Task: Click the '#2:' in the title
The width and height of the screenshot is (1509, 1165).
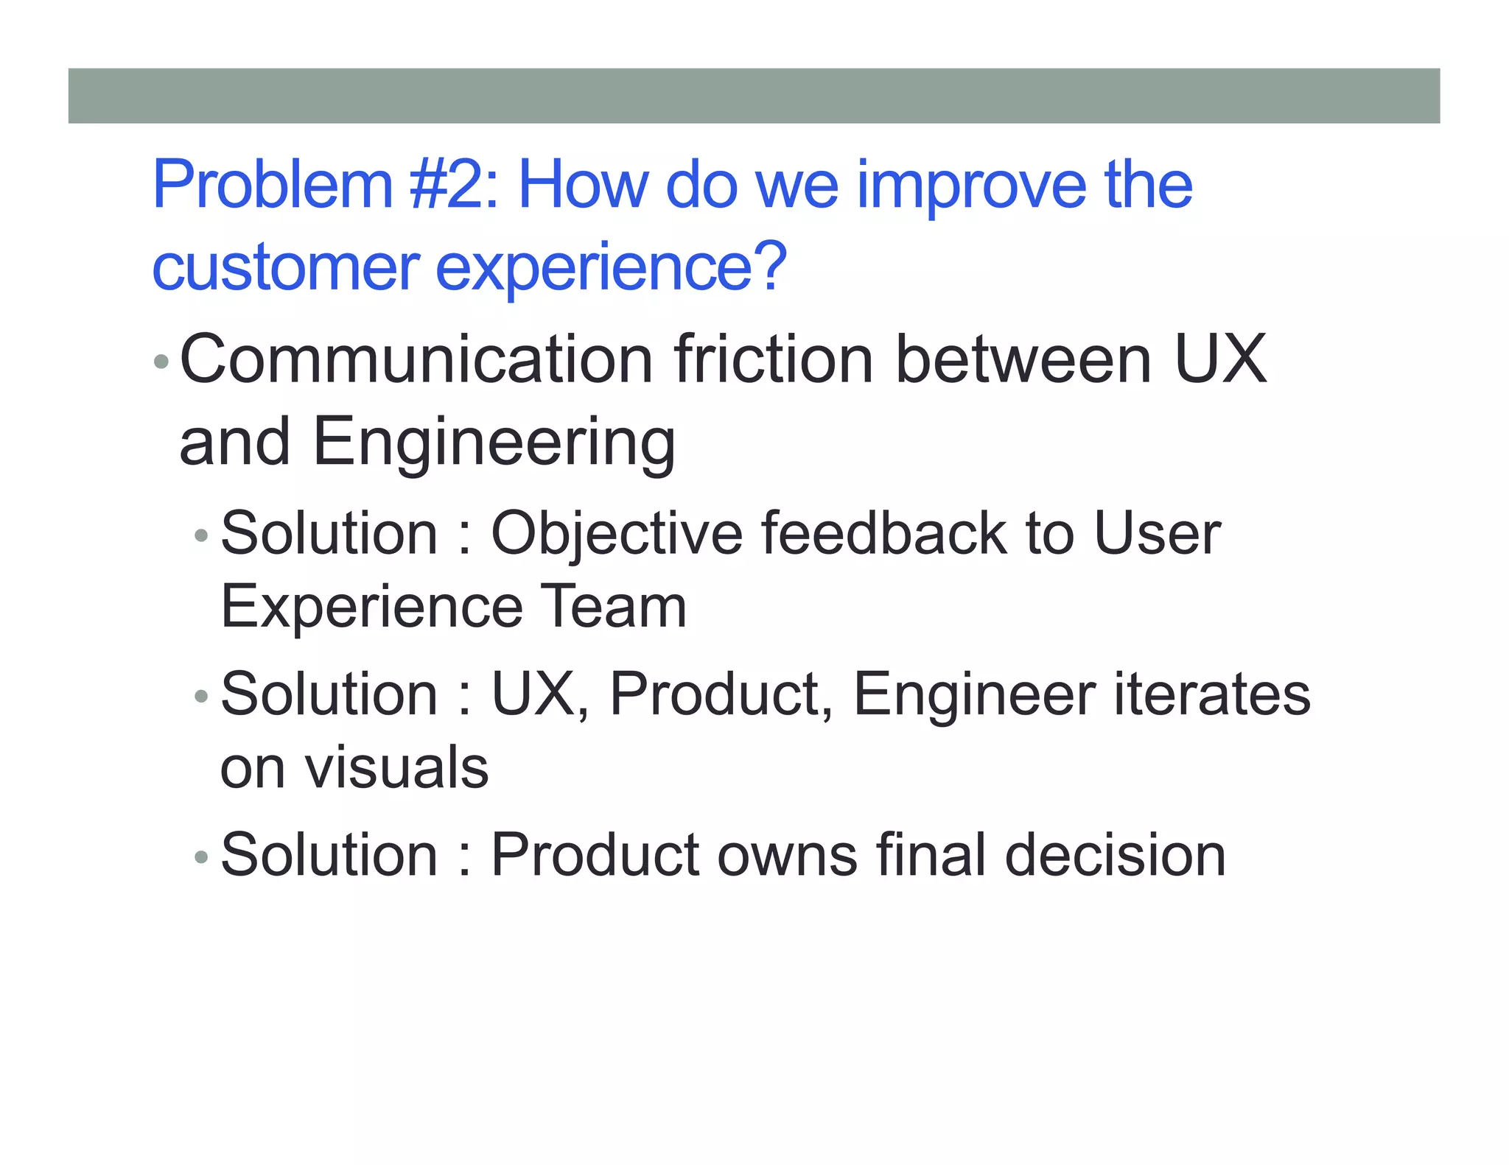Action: click(x=454, y=185)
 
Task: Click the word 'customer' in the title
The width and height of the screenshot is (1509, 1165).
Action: click(x=286, y=267)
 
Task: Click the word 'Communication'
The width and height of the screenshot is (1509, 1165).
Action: click(x=416, y=359)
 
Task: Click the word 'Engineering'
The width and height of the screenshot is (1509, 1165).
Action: click(x=494, y=443)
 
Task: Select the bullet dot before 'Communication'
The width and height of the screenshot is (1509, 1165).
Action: click(x=161, y=362)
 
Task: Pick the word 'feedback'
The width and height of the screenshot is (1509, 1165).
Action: click(x=883, y=533)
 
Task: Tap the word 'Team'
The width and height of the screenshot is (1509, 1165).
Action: click(x=613, y=607)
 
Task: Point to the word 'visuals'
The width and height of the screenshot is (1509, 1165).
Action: click(x=396, y=768)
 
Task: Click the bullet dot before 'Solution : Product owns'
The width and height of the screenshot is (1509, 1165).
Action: click(x=201, y=857)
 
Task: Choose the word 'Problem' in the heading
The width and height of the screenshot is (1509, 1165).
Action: click(x=273, y=185)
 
